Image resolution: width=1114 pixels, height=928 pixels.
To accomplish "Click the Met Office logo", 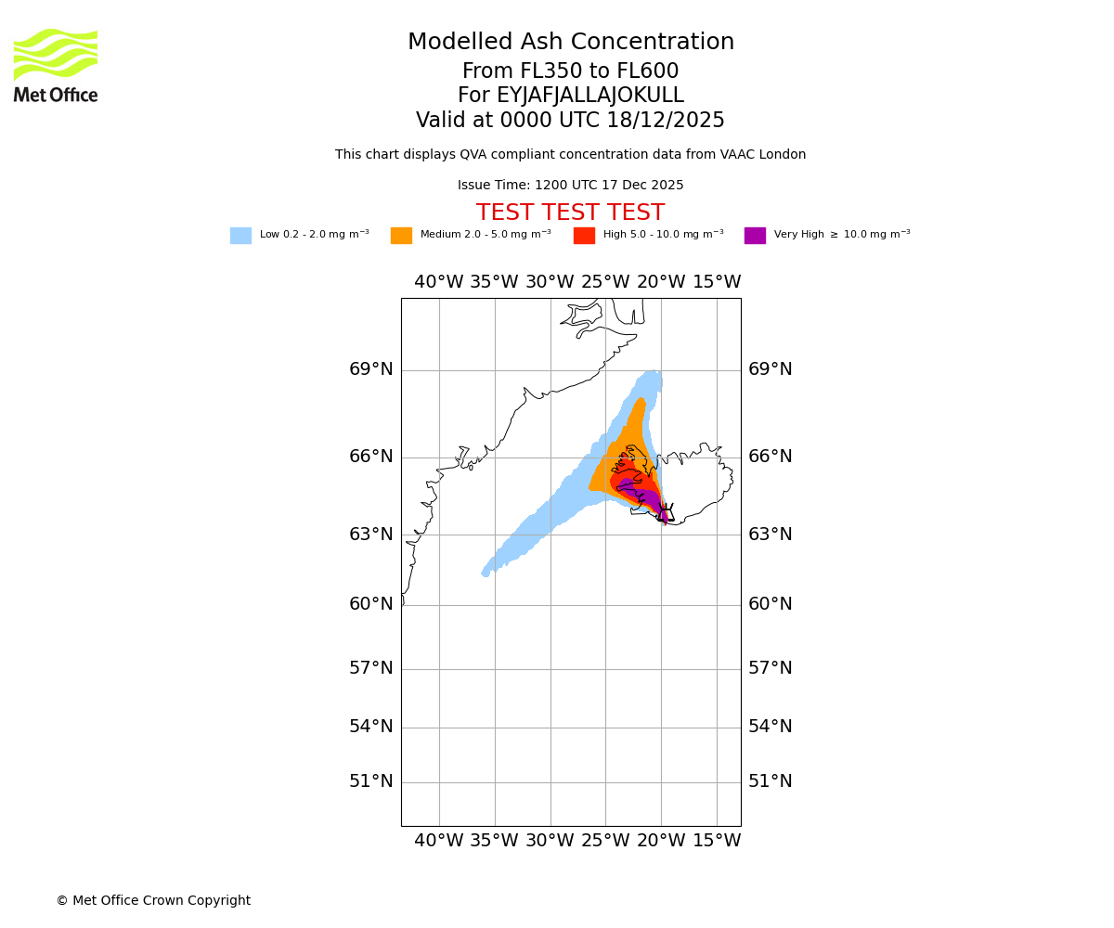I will [56, 65].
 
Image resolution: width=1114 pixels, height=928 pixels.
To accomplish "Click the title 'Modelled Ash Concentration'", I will [570, 43].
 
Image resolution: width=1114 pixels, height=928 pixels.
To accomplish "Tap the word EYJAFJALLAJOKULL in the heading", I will [590, 96].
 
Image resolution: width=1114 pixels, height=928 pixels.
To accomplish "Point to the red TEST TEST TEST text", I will [570, 213].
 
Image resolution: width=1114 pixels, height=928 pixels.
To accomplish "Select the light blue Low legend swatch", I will [240, 236].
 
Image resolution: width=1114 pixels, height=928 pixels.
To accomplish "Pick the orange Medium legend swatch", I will [401, 236].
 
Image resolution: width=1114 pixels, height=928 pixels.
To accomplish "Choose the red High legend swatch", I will [584, 236].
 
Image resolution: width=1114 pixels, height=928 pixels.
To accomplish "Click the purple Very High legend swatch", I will [755, 236].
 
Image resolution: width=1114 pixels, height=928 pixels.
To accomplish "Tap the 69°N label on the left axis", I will [371, 369].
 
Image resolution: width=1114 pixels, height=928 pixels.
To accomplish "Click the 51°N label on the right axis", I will [771, 781].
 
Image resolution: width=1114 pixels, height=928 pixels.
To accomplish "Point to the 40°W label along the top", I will [438, 282].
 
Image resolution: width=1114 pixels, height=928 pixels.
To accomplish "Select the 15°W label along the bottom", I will [717, 841].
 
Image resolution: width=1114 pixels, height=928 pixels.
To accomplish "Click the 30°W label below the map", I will [550, 841].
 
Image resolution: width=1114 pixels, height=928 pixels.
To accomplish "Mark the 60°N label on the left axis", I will [371, 604].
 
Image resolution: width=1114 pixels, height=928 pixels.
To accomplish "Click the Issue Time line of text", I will [570, 186].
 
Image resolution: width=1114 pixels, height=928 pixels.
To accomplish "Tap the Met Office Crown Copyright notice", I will [153, 900].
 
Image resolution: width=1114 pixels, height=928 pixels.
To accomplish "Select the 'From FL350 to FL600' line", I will [570, 71].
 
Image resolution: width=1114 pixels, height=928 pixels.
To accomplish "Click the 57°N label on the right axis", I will [771, 668].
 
